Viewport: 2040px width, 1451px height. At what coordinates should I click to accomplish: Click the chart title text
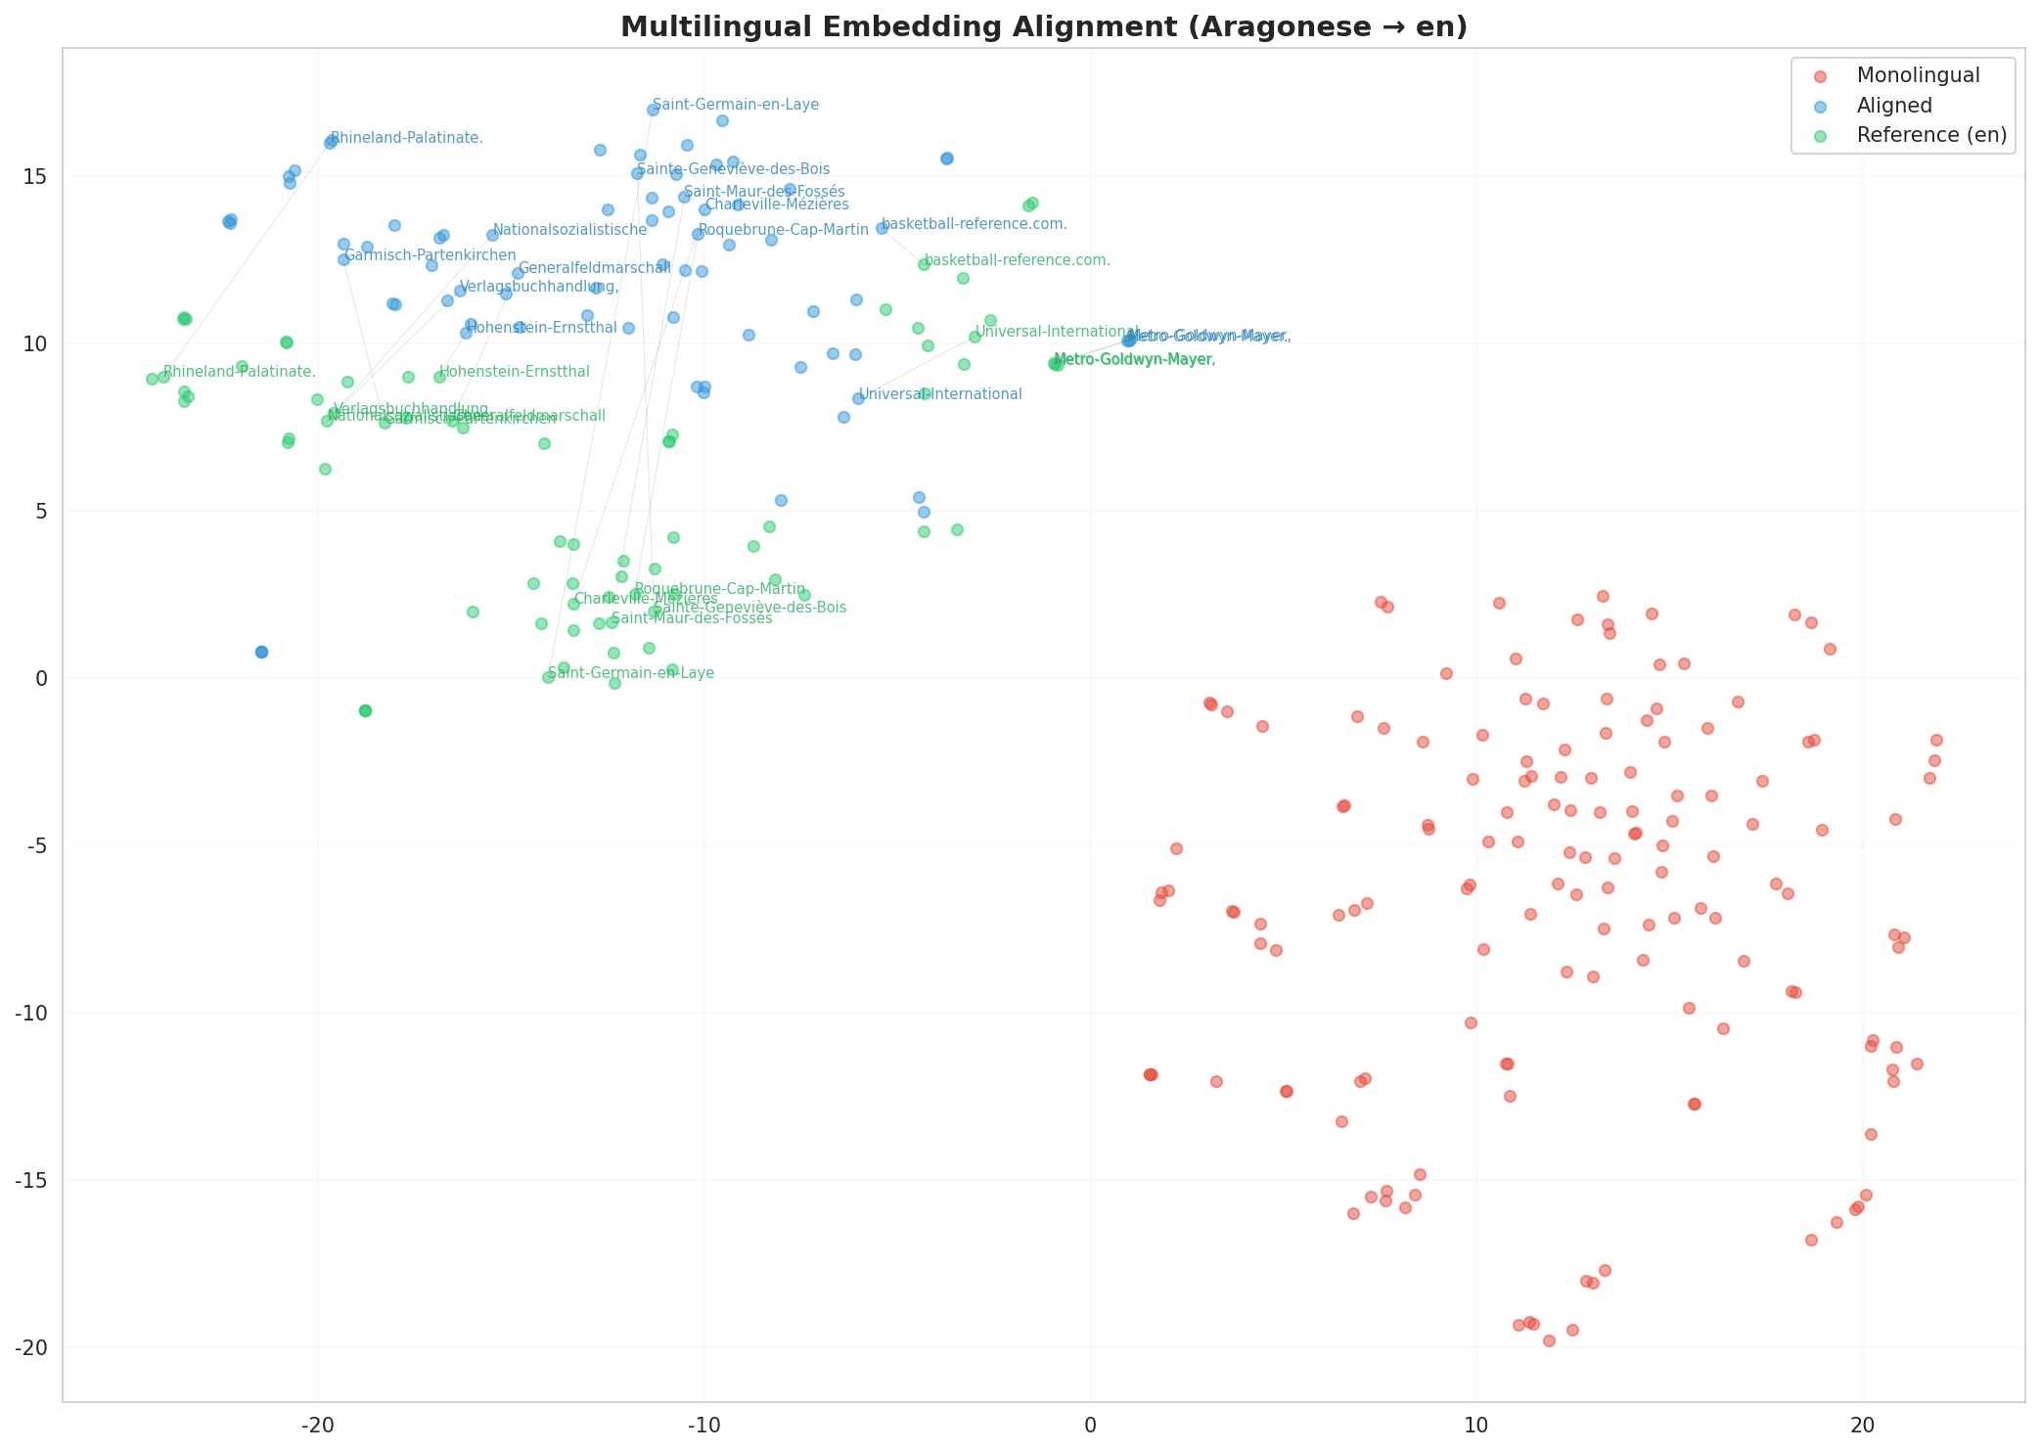point(1043,26)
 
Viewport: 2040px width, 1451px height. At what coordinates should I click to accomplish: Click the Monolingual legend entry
point(1918,75)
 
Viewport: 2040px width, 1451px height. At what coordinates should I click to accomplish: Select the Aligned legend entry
point(1894,106)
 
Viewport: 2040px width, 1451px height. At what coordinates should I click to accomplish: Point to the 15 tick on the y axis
point(37,177)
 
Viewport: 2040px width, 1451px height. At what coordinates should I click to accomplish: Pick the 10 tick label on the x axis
point(1475,1424)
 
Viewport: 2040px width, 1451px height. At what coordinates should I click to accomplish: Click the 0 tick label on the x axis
point(1090,1424)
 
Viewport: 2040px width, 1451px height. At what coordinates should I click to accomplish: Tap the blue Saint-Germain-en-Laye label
point(735,105)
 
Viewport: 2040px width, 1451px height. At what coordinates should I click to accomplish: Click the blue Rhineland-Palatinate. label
point(406,138)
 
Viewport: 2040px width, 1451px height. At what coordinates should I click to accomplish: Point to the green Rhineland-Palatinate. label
point(239,372)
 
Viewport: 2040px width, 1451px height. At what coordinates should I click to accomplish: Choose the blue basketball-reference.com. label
point(974,224)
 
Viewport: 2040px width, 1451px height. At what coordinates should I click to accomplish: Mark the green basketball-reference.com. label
point(1017,260)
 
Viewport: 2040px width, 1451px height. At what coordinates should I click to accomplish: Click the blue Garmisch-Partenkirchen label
point(430,255)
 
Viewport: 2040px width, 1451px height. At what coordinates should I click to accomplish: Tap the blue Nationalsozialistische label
point(569,230)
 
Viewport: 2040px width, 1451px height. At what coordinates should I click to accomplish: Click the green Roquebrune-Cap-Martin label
point(719,589)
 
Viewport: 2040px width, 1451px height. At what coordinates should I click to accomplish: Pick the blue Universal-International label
point(939,394)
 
